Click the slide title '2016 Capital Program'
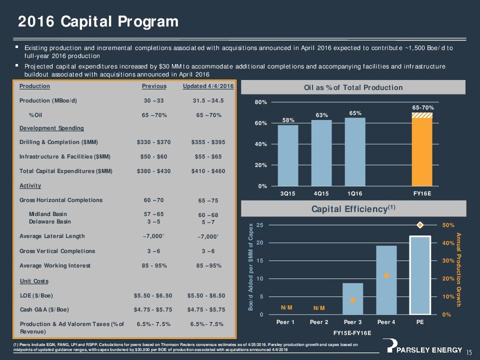[x=98, y=21]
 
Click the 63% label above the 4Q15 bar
[x=321, y=115]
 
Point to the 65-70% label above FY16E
[x=422, y=107]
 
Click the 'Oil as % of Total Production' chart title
[x=353, y=87]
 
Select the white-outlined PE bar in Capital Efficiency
[x=420, y=275]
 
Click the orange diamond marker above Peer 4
[x=386, y=275]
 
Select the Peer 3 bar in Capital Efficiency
[x=352, y=298]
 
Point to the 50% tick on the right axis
[x=448, y=225]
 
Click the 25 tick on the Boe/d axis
[x=259, y=225]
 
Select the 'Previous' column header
[x=154, y=86]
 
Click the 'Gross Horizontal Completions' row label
[x=60, y=200]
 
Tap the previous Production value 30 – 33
[x=154, y=100]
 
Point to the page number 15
[x=469, y=353]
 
